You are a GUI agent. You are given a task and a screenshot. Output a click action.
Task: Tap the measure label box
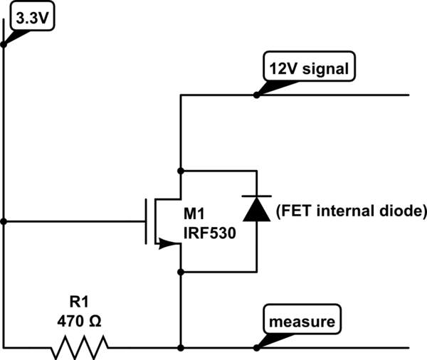(x=301, y=322)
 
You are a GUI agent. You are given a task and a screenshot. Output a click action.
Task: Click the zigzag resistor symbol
(x=79, y=348)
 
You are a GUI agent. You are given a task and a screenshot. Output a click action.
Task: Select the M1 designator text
(x=195, y=214)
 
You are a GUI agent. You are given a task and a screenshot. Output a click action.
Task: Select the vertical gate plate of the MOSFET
(x=147, y=221)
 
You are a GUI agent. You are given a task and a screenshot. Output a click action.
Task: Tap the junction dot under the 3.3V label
(x=4, y=43)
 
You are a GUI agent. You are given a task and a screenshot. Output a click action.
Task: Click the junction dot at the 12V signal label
(x=256, y=95)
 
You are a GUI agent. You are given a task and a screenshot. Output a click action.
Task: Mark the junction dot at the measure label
(x=256, y=348)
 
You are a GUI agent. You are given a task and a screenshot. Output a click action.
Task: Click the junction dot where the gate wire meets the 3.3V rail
(x=4, y=221)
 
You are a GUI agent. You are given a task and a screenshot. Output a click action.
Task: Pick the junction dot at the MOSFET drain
(x=181, y=171)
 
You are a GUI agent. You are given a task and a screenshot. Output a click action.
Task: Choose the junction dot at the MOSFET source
(x=181, y=271)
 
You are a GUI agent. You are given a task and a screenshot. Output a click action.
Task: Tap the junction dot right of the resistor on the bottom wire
(x=181, y=348)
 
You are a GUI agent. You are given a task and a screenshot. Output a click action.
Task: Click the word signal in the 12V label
(x=324, y=69)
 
